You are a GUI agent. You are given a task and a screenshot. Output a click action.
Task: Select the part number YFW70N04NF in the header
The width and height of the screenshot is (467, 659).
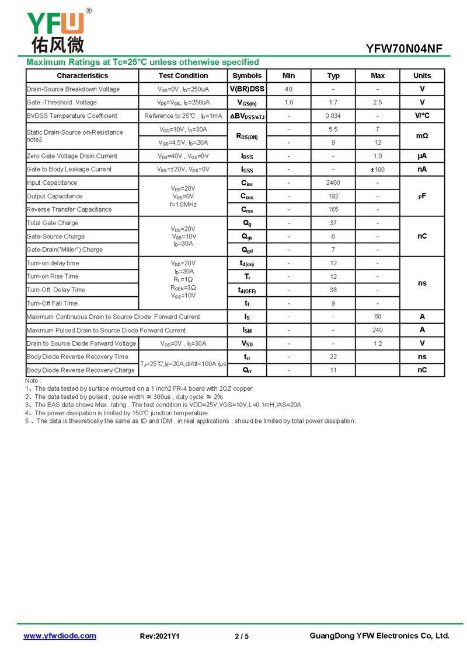pos(408,49)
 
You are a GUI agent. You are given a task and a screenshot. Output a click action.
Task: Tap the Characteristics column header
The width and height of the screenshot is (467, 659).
pos(82,76)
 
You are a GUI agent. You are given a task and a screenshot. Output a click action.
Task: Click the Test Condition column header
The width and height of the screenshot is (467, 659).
pos(183,76)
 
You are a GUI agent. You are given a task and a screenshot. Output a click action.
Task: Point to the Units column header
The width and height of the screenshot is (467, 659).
pos(421,76)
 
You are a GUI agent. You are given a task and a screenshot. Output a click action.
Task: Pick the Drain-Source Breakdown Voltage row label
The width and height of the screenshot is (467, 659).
pos(73,89)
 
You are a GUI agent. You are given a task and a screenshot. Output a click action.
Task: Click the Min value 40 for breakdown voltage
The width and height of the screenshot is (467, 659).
pos(288,89)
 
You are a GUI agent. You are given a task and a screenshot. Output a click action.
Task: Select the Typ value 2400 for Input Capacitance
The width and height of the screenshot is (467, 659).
pos(333,183)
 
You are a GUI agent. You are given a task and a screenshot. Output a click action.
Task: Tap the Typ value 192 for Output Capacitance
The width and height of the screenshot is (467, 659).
pos(333,197)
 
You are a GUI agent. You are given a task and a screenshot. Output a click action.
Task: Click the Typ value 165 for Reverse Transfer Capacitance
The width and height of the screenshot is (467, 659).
pos(333,209)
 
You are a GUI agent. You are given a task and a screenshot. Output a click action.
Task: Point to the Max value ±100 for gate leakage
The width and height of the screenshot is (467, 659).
pos(378,170)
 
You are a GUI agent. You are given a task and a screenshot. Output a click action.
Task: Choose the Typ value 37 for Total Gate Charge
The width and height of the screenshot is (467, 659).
pos(333,223)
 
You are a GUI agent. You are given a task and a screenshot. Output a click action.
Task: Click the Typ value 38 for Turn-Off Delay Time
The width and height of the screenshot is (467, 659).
pos(333,290)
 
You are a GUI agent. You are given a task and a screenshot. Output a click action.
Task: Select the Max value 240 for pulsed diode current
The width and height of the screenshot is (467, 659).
pos(378,330)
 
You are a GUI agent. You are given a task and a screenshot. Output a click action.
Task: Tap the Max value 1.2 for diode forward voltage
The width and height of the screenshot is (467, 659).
pos(378,343)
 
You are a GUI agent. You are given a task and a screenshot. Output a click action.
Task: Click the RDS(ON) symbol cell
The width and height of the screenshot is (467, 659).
pos(247,136)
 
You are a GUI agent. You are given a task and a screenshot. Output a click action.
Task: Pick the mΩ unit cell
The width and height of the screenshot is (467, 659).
pos(421,136)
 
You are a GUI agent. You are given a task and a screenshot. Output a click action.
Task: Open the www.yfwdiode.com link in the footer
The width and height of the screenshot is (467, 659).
pos(60,636)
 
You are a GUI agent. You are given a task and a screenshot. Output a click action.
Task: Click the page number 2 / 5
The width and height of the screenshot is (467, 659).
pos(241,636)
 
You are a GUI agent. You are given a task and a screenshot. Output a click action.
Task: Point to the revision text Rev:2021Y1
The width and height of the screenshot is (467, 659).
pos(159,636)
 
